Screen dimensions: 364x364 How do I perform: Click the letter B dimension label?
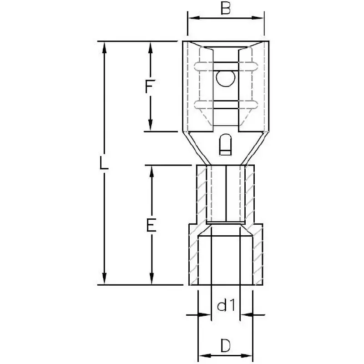(x=225, y=9)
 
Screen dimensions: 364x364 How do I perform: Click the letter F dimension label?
(x=149, y=86)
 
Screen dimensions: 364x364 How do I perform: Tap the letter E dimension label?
(x=151, y=225)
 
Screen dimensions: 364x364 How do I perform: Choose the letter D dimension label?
(x=225, y=345)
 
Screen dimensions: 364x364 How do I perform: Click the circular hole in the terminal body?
(x=225, y=79)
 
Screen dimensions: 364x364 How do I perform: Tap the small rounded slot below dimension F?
(x=225, y=144)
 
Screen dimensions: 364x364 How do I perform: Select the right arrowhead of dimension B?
(x=258, y=18)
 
